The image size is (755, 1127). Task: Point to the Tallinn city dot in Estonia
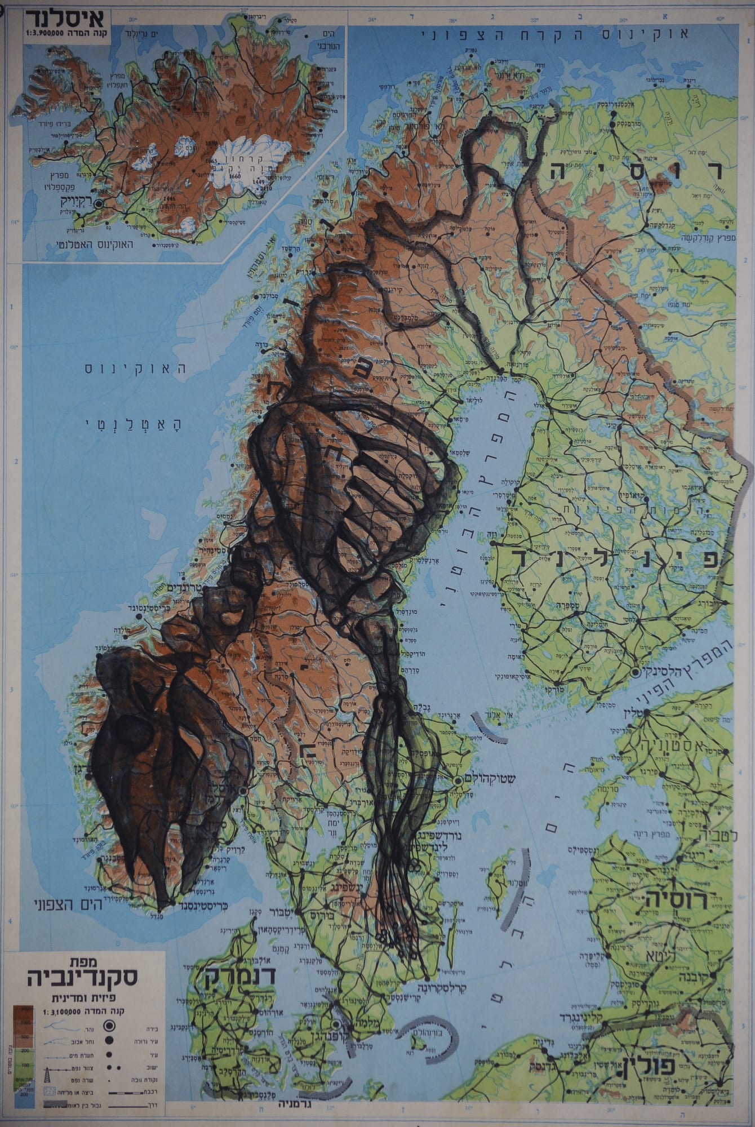point(647,714)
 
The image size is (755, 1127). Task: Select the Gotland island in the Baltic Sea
point(496,884)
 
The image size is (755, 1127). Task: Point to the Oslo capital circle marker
point(243,791)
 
